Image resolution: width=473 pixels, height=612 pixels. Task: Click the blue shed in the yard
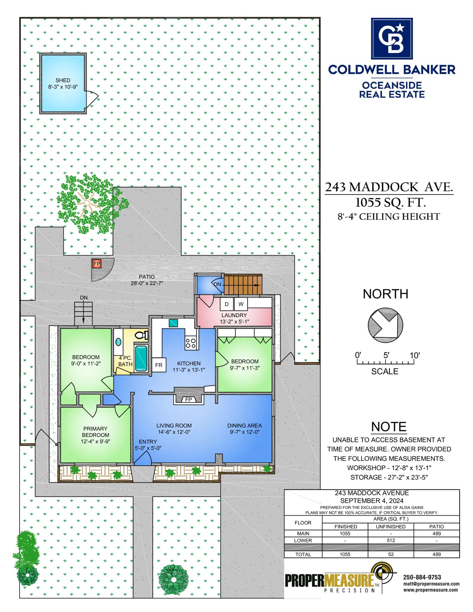pos(63,83)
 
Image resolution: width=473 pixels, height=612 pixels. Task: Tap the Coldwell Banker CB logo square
pos(392,38)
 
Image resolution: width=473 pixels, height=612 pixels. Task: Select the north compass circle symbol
pos(385,325)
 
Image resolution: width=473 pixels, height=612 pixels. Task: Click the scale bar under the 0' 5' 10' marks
pos(385,362)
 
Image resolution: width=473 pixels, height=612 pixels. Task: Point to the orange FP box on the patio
pos(97,264)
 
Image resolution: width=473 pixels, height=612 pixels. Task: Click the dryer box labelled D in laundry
pos(227,304)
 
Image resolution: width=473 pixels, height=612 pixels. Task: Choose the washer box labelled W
pos(241,304)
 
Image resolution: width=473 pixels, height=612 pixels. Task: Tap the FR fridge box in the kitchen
pos(159,365)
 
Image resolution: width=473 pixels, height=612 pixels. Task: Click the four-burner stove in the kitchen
pos(191,343)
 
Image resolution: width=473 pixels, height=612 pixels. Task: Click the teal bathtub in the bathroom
pos(141,358)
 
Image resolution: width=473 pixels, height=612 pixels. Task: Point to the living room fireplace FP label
pos(189,400)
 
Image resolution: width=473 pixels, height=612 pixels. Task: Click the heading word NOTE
pos(389,427)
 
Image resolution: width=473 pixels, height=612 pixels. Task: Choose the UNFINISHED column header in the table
pos(391,527)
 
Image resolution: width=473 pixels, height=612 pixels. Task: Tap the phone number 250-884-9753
pos(422,577)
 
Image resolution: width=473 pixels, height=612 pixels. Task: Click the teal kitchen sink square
pos(173,323)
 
